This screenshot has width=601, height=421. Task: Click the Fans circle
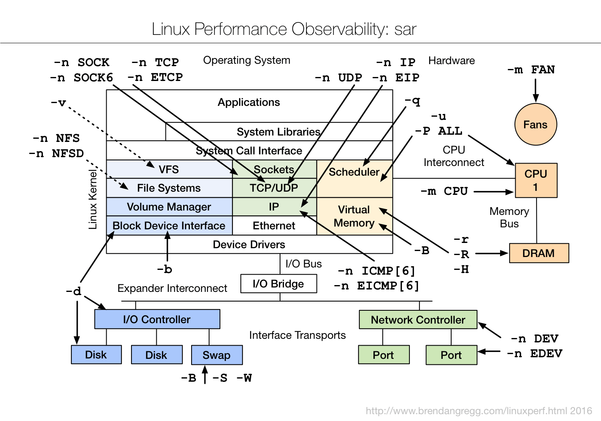click(x=535, y=124)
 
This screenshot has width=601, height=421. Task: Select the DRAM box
click(x=538, y=253)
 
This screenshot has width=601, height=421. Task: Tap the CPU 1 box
click(x=536, y=180)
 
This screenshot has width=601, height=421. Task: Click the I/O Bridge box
click(x=278, y=283)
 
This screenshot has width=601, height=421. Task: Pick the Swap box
click(x=216, y=355)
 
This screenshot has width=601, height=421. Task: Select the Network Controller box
click(x=418, y=320)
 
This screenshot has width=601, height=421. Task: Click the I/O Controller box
click(x=157, y=319)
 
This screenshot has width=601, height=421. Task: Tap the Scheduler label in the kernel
click(x=354, y=172)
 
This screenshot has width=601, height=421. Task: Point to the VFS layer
click(x=169, y=169)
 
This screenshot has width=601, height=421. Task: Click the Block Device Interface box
click(x=169, y=226)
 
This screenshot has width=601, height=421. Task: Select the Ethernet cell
click(x=274, y=226)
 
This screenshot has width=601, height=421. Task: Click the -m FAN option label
click(x=531, y=70)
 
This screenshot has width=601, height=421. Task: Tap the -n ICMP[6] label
click(x=376, y=271)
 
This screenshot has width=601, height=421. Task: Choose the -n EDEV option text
click(x=534, y=354)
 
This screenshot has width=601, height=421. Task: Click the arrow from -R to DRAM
click(x=491, y=253)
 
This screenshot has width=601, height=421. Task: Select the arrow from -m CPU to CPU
click(x=493, y=192)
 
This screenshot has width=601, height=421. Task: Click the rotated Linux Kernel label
click(x=93, y=199)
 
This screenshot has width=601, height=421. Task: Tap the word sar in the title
click(x=405, y=29)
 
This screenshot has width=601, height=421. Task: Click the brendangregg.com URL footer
click(x=478, y=411)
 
